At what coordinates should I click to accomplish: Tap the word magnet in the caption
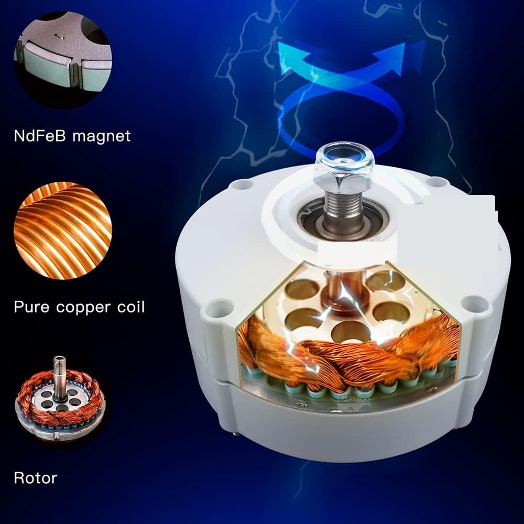tap(101, 136)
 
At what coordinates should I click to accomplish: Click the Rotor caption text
tap(35, 478)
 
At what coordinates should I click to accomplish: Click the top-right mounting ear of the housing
tap(434, 182)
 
